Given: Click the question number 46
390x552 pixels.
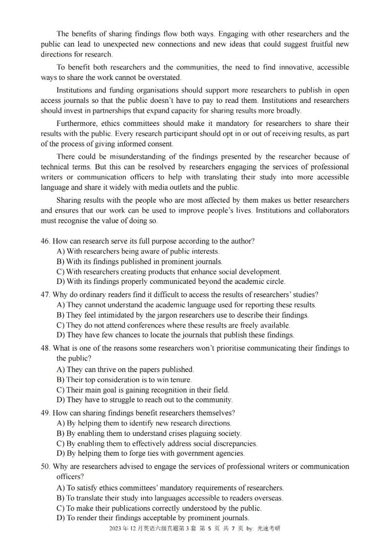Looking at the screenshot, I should pyautogui.click(x=45, y=241).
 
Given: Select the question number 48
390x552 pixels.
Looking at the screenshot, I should pyautogui.click(x=45, y=348).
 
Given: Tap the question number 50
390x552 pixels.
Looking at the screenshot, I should pyautogui.click(x=45, y=466).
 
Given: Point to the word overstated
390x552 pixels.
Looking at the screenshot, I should pyautogui.click(x=164, y=77).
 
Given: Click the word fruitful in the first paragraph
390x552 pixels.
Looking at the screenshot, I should pyautogui.click(x=305, y=44).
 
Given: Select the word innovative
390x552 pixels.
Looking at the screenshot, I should pyautogui.click(x=279, y=67).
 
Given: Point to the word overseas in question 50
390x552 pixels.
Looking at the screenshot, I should pyautogui.click(x=268, y=498).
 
